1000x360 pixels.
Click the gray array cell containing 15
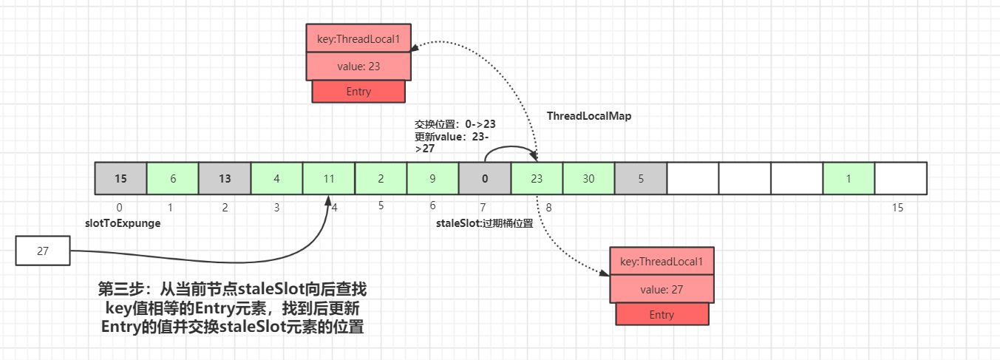pos(120,178)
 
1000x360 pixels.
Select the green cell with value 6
pos(172,178)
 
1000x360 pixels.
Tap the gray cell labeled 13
pos(225,178)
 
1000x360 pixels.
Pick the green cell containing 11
pos(329,178)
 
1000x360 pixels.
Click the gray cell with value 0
pos(485,178)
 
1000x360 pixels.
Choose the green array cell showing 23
pos(537,178)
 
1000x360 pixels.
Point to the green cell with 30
pos(588,178)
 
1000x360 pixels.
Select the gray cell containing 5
pos(640,178)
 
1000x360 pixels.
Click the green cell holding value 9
pos(432,178)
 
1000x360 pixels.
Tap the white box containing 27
pos(42,251)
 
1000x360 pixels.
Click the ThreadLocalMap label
pos(589,116)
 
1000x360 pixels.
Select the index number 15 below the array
pos(897,208)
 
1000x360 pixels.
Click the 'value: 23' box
pos(358,67)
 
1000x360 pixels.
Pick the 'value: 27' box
pos(661,289)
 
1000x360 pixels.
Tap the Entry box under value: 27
pos(661,314)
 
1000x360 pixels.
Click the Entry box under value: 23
pos(358,92)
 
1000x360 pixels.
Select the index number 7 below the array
pos(483,208)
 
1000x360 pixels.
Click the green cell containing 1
pos(848,178)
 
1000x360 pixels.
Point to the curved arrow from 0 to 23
pos(510,146)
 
